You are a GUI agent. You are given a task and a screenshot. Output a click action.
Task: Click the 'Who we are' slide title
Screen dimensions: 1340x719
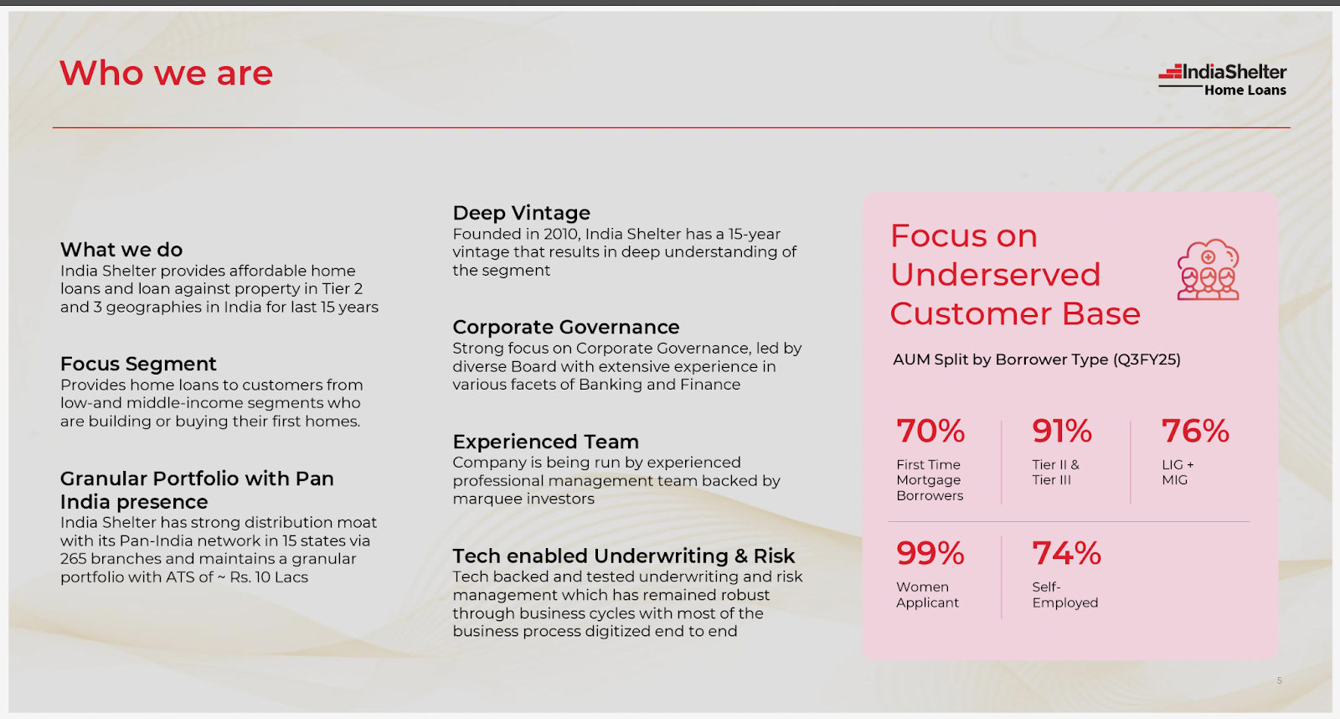click(x=167, y=73)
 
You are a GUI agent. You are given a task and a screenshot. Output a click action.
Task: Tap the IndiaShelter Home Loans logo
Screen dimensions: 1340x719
click(x=1222, y=80)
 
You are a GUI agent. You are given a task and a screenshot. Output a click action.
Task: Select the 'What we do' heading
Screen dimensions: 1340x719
click(x=121, y=250)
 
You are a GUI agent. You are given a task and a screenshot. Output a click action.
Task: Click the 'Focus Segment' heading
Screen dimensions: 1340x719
click(x=138, y=364)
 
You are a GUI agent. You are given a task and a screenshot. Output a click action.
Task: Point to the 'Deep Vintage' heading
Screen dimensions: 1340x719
click(x=521, y=213)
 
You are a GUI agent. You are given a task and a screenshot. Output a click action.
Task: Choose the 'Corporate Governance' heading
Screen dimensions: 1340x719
click(x=566, y=328)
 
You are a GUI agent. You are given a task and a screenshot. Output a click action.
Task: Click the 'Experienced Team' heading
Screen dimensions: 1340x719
click(x=545, y=442)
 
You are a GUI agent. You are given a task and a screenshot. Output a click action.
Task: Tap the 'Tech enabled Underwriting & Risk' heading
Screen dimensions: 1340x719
click(x=623, y=556)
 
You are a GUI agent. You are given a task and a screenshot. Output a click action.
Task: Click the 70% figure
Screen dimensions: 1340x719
click(x=930, y=431)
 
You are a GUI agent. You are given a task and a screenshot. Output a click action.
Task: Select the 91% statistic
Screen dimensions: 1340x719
click(x=1062, y=431)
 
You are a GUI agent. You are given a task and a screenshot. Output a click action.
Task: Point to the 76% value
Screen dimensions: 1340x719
click(x=1195, y=431)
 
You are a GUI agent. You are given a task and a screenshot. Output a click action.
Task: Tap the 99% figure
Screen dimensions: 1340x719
click(x=930, y=553)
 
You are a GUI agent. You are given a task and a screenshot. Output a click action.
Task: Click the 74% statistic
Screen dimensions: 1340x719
click(x=1067, y=553)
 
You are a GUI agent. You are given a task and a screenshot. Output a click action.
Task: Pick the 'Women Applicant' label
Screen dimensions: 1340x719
click(x=927, y=595)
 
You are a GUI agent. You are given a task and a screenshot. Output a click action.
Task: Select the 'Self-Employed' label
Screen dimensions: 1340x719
click(x=1064, y=595)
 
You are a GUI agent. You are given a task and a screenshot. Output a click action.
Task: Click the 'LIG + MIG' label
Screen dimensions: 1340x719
click(x=1178, y=473)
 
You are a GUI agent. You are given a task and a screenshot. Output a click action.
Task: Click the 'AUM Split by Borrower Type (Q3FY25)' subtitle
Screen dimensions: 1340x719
click(x=1037, y=359)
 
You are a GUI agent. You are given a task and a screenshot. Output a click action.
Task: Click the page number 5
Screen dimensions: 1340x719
click(x=1280, y=680)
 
